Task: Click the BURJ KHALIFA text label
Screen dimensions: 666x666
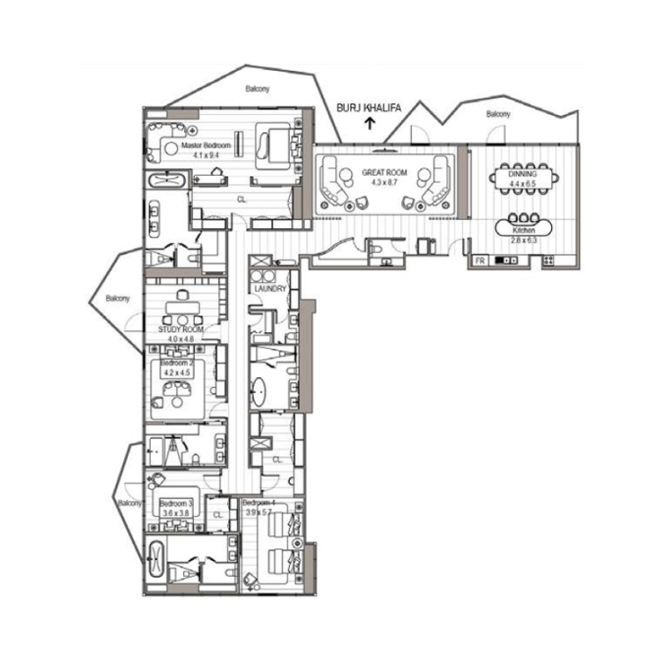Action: [x=368, y=107]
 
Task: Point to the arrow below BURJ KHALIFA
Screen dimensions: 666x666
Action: [x=369, y=125]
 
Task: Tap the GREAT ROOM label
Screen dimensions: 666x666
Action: [x=384, y=172]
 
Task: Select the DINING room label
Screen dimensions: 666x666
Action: [x=523, y=174]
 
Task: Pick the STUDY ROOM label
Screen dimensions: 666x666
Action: [x=181, y=331]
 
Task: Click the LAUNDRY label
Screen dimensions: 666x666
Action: [x=271, y=289]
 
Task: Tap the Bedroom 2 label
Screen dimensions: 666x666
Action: [x=176, y=364]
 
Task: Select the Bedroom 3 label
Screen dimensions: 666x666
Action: [x=176, y=504]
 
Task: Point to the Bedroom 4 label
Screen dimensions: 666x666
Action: [x=258, y=504]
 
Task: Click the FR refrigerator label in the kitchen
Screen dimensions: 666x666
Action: [x=480, y=261]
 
